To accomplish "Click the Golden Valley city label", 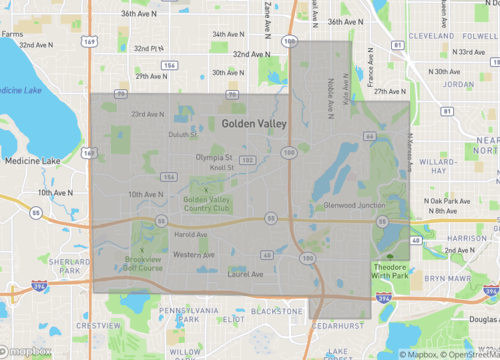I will [x=254, y=124].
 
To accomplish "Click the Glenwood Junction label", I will [x=355, y=206].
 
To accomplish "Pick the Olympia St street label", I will [x=213, y=157].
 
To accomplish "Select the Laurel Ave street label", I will [x=245, y=273].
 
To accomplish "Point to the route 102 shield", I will [x=246, y=159].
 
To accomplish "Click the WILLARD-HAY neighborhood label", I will [x=439, y=164].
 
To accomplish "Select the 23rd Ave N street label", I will [x=147, y=114].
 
